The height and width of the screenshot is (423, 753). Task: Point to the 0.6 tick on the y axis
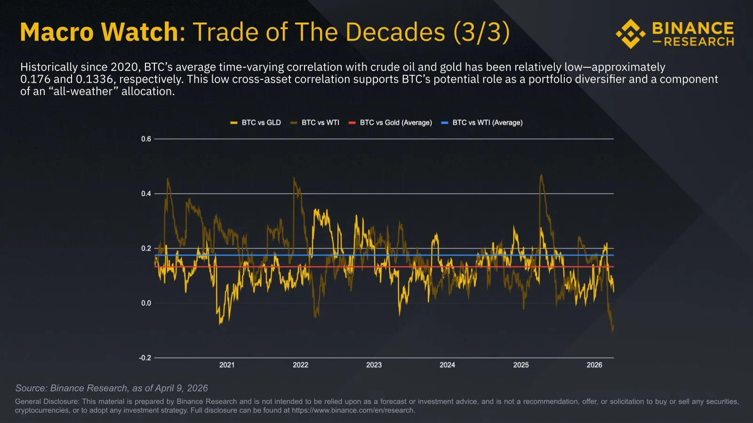146,139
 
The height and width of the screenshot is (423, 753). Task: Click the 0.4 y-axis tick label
146,194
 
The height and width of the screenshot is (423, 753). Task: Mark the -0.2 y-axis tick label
145,358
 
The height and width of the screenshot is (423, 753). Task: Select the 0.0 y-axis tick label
146,303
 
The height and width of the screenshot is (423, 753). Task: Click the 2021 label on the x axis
227,365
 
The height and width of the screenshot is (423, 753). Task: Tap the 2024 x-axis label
447,365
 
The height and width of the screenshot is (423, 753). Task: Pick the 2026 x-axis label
594,365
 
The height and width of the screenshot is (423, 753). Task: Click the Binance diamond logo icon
631,34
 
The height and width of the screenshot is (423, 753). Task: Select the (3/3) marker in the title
481,32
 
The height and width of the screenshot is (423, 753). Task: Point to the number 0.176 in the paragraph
36,79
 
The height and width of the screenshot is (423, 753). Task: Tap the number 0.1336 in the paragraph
94,79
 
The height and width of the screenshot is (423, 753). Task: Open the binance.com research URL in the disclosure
352,410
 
